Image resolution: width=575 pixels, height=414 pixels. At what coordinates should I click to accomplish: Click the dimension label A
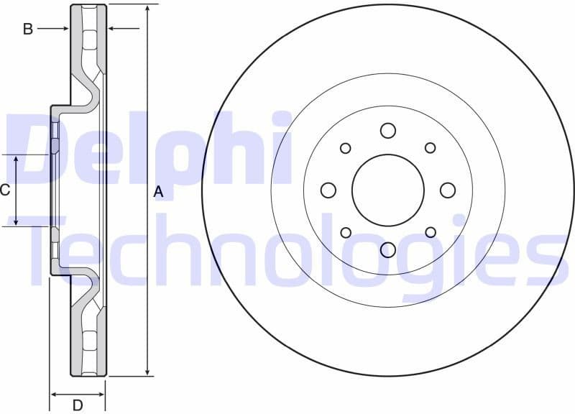(x=159, y=191)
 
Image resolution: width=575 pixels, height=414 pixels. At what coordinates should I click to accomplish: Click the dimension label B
(x=28, y=29)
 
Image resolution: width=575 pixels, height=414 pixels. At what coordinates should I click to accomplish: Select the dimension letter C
(x=5, y=190)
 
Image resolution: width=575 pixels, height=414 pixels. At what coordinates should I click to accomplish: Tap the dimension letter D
(x=78, y=405)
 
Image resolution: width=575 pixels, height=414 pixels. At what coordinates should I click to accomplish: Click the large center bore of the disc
(x=388, y=190)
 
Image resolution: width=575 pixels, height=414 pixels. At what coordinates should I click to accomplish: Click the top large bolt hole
(x=388, y=130)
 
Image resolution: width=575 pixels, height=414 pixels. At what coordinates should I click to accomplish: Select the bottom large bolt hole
(x=388, y=249)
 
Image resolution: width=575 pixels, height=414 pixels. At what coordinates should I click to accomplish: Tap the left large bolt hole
(x=328, y=190)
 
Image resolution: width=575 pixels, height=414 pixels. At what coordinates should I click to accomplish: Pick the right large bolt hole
(x=448, y=190)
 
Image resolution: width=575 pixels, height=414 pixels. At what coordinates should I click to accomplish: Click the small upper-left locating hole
(x=346, y=148)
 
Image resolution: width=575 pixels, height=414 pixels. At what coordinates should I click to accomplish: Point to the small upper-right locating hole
(x=431, y=148)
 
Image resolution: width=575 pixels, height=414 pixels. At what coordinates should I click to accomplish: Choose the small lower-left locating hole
(x=346, y=232)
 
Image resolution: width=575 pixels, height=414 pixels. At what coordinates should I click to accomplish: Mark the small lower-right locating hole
(x=431, y=232)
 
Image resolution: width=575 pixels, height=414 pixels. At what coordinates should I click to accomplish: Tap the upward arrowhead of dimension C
(x=17, y=159)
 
